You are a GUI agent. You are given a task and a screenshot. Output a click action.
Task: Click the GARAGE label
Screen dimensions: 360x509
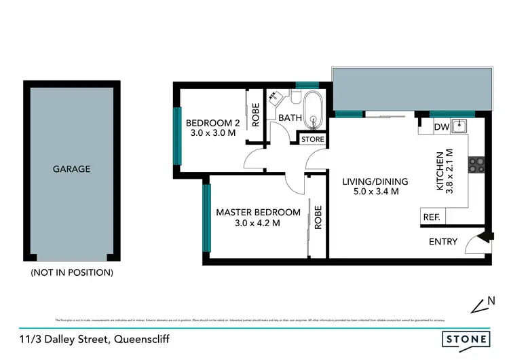71,169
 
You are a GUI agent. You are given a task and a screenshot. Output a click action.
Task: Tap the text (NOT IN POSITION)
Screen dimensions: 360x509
71,272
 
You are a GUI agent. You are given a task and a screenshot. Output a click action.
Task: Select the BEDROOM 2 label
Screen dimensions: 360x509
213,123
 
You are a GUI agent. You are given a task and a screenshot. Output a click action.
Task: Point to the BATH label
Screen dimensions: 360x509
290,118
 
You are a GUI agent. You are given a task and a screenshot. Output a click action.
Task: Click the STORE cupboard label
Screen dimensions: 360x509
313,139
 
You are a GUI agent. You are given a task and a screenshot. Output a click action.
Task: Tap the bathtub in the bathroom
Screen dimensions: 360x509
314,113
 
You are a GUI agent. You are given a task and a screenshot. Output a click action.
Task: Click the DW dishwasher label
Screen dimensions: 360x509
439,126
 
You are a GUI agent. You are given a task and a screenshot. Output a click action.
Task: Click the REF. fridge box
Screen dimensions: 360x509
432,217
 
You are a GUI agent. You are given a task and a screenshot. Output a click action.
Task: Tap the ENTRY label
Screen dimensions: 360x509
443,241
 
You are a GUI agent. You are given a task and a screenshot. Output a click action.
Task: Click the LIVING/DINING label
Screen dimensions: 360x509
375,181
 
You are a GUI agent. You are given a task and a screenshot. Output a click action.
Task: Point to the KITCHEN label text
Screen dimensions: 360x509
440,171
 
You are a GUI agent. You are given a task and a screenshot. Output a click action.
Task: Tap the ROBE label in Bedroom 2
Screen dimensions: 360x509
255,115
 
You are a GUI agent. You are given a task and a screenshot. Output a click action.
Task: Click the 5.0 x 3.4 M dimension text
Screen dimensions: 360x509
375,192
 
